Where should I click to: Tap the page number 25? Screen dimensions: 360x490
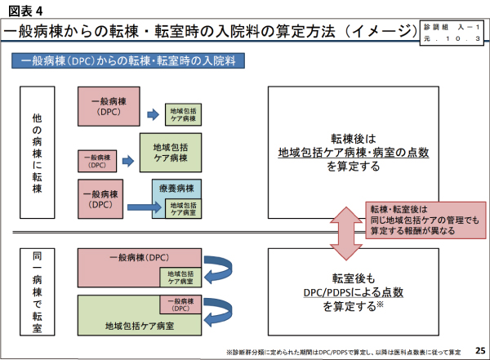pos(479,349)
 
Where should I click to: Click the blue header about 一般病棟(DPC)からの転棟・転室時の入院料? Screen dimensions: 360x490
pos(131,61)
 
